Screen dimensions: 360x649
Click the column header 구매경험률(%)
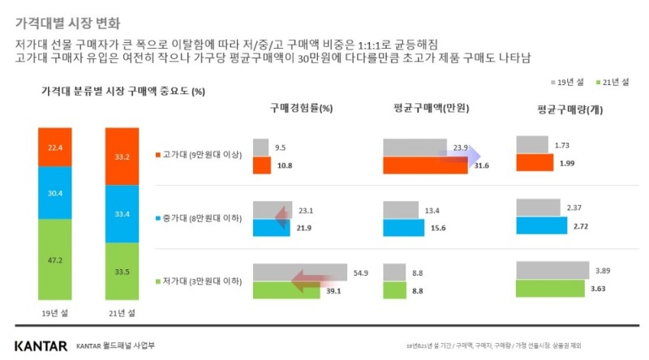pos(302,108)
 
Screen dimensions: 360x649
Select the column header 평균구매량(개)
pos(570,109)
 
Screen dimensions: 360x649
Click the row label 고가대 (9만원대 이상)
pos(197,155)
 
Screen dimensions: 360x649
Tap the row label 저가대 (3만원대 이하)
pos(197,281)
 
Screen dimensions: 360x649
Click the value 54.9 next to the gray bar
pos(359,273)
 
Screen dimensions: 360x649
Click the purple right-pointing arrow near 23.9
pos(460,156)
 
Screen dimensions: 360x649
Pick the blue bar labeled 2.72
pos(541,225)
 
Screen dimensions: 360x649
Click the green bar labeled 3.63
pos(549,288)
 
